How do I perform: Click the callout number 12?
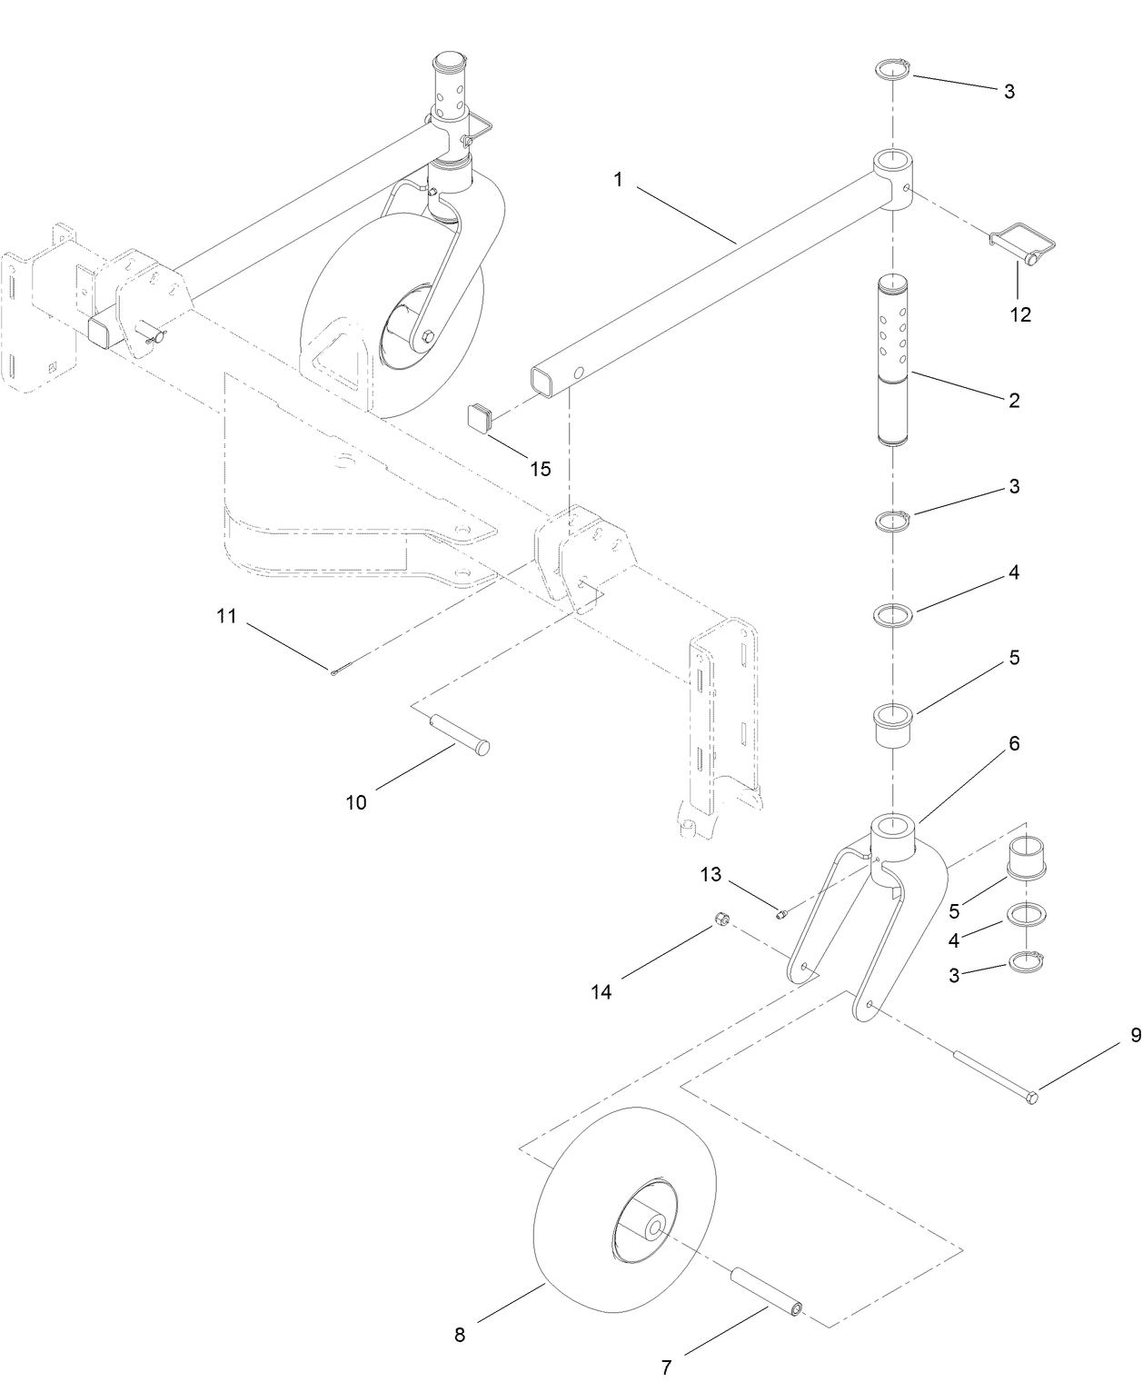click(1020, 314)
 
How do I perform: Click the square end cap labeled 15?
click(482, 418)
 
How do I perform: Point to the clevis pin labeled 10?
click(460, 731)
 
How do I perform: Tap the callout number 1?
click(618, 180)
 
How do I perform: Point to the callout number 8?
click(459, 1335)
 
